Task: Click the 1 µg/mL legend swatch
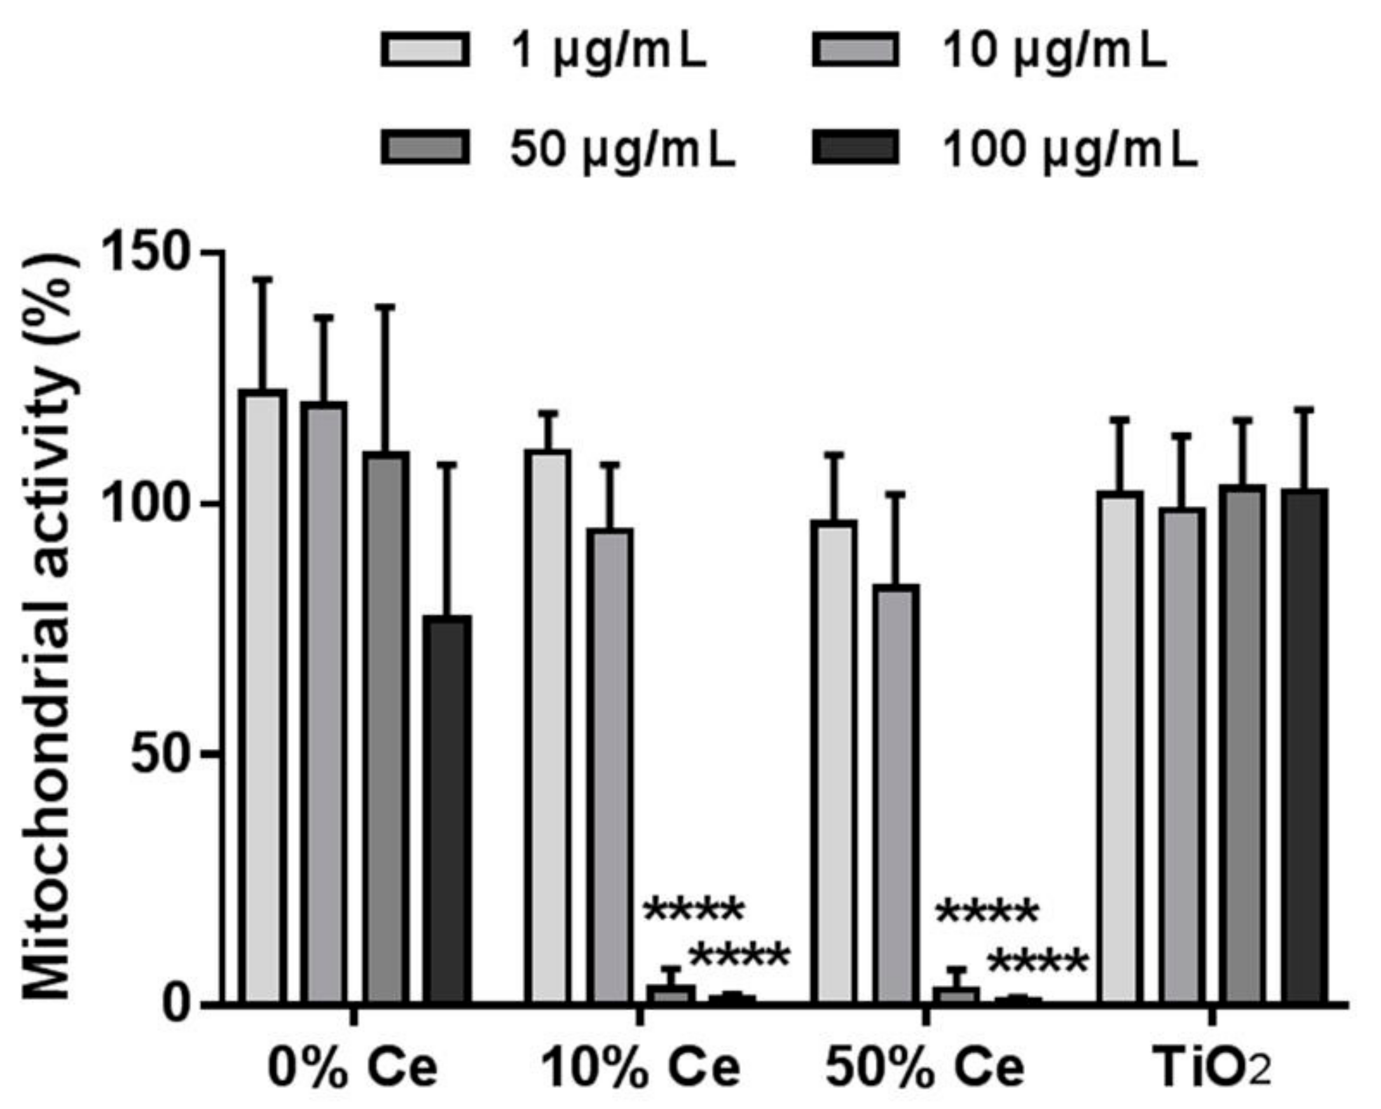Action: point(425,51)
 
